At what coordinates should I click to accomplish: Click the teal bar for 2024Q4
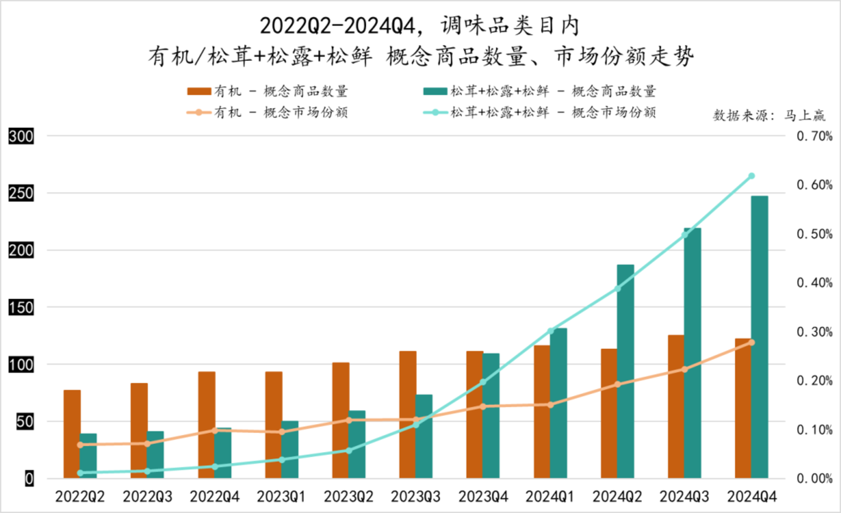tap(759, 337)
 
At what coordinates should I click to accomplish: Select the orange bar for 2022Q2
tap(72, 434)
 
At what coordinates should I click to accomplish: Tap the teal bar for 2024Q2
tap(625, 372)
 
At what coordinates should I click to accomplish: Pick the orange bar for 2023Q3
tap(408, 415)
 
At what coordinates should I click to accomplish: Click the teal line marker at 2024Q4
tap(752, 176)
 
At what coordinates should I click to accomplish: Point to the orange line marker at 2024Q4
tap(752, 342)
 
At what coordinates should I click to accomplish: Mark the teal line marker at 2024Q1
tap(551, 331)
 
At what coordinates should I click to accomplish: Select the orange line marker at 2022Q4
tap(214, 431)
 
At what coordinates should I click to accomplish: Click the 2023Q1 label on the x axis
tap(281, 497)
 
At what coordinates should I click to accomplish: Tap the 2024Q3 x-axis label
tap(684, 497)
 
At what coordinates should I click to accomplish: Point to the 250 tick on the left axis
tap(21, 193)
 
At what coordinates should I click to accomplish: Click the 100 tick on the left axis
tap(21, 365)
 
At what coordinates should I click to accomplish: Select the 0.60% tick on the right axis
tap(814, 185)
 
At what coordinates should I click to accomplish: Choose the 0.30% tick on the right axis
tap(814, 332)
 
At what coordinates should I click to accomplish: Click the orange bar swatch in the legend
tap(199, 91)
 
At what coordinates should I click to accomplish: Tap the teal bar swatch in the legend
tap(435, 91)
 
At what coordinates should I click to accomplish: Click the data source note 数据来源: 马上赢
tap(769, 115)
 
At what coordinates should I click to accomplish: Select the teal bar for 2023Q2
tap(357, 445)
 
